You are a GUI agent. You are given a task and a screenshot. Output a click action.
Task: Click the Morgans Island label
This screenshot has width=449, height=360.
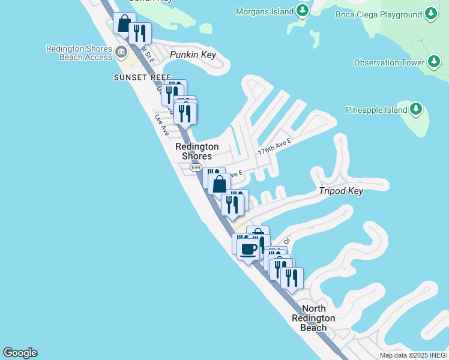(265, 11)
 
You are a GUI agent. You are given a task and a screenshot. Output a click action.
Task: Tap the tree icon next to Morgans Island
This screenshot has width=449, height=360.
(303, 11)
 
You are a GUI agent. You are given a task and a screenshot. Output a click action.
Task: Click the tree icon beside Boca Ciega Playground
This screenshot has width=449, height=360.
(430, 13)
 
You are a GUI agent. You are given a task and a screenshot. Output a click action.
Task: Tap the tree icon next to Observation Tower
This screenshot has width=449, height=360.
(434, 61)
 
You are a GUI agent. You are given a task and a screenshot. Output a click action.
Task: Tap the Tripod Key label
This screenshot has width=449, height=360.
(340, 191)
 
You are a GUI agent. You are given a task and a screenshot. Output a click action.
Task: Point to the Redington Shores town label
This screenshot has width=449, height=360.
(197, 151)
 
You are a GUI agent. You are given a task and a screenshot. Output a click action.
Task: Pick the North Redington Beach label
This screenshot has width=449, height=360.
(313, 318)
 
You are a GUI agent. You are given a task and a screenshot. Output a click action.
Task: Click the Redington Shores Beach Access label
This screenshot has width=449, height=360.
(79, 53)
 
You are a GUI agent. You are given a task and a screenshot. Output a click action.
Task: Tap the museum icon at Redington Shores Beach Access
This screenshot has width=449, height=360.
(122, 52)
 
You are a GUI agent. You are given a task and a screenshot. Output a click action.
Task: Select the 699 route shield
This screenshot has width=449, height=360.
(196, 168)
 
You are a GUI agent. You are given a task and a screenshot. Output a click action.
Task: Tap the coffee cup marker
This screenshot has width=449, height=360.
(248, 249)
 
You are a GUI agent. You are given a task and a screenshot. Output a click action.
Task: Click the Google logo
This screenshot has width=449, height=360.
(20, 353)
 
